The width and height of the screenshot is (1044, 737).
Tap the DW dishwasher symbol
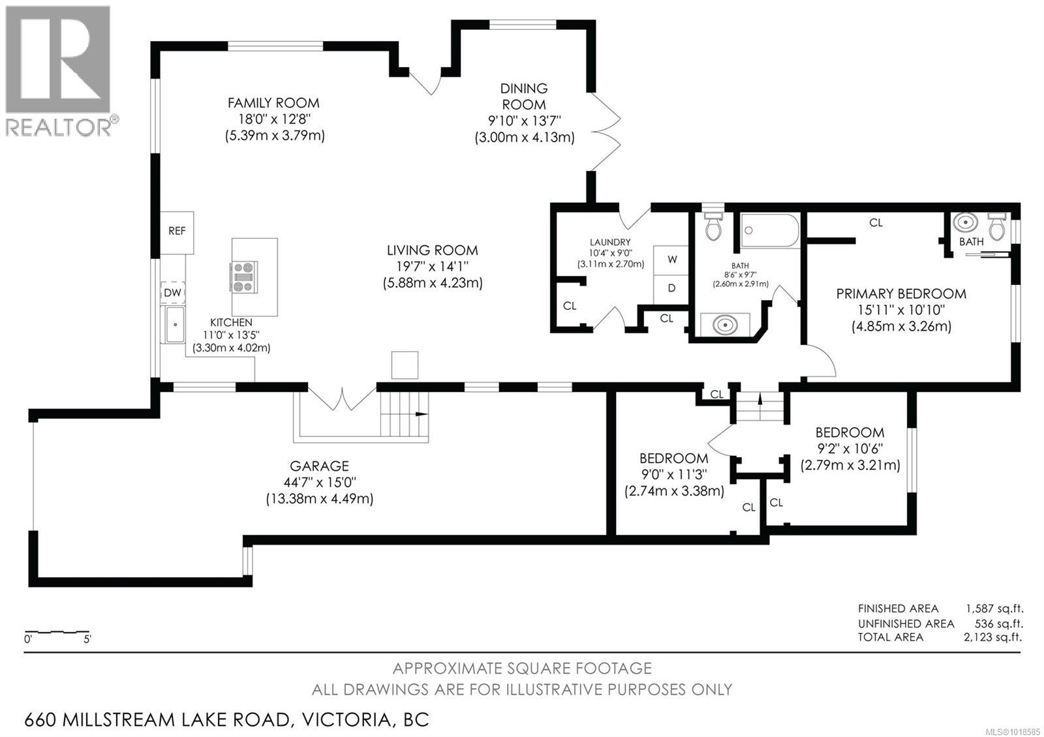coord(172,293)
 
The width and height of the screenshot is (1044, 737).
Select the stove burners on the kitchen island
coord(243,277)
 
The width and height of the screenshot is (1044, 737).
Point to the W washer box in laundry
coord(672,260)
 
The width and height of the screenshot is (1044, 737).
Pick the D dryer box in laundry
coord(672,288)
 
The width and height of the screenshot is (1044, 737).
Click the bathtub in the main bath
coord(770,230)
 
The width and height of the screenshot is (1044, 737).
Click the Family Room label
coord(273,103)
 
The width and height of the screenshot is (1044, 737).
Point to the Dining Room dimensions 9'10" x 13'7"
coord(524,121)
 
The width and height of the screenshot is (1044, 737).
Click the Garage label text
coord(319,466)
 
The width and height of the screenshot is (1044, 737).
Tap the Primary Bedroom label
coord(901,294)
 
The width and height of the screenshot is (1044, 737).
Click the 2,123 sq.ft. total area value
coord(992,637)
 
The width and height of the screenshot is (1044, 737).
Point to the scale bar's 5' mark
coord(87,639)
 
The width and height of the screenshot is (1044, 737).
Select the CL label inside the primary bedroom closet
coord(876,223)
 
